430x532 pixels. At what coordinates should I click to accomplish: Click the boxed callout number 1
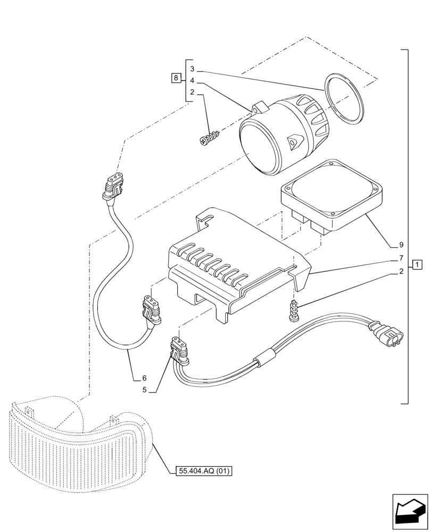click(x=417, y=264)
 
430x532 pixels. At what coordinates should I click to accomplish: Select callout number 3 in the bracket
click(x=193, y=69)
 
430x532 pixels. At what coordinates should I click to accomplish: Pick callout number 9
click(x=401, y=245)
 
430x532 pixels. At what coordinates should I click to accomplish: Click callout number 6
click(x=144, y=378)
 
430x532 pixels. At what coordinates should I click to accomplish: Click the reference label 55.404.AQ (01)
click(x=204, y=471)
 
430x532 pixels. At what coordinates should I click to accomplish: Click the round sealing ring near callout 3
click(x=345, y=99)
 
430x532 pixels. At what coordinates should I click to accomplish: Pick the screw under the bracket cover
click(x=293, y=311)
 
